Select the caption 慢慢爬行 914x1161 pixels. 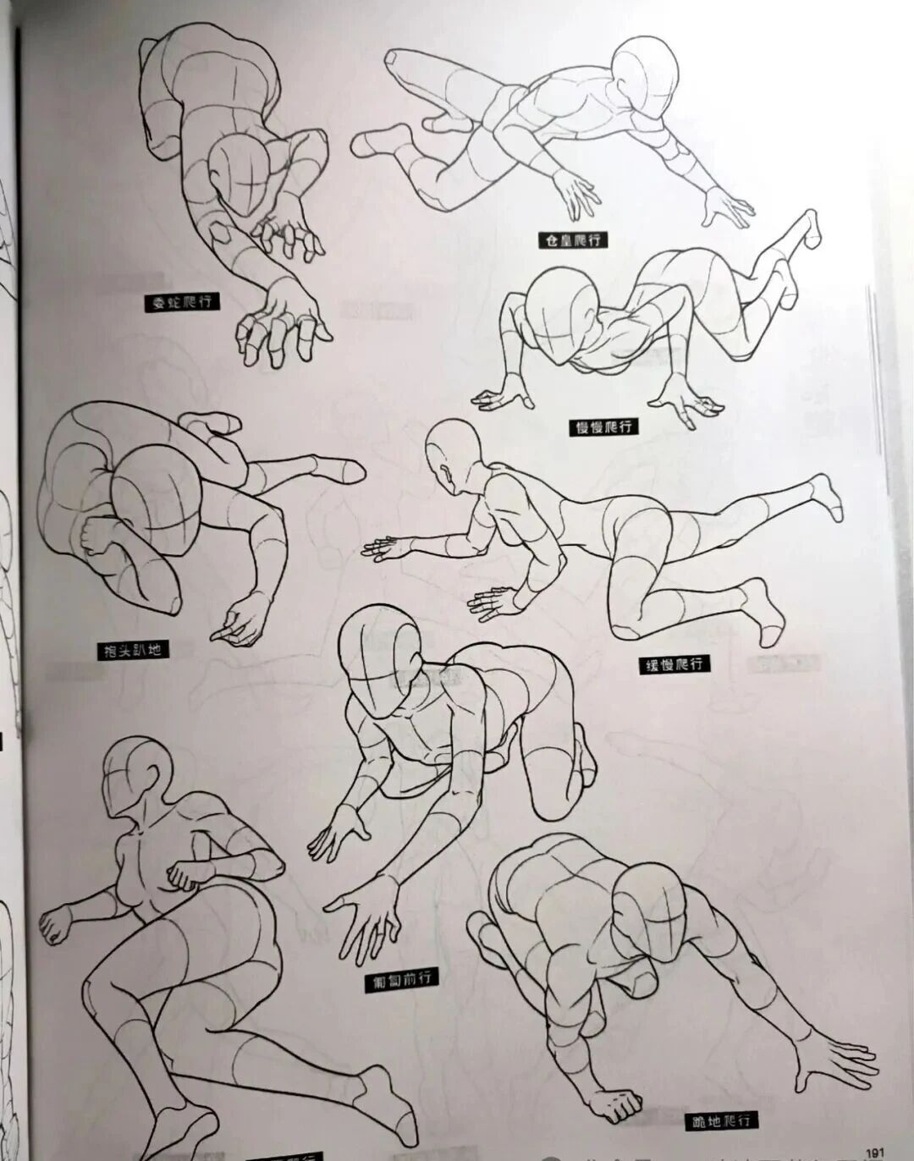(x=603, y=427)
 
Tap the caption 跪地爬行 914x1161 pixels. (x=719, y=1121)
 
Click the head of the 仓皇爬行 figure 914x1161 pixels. (x=645, y=74)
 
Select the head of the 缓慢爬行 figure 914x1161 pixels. (x=452, y=453)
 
